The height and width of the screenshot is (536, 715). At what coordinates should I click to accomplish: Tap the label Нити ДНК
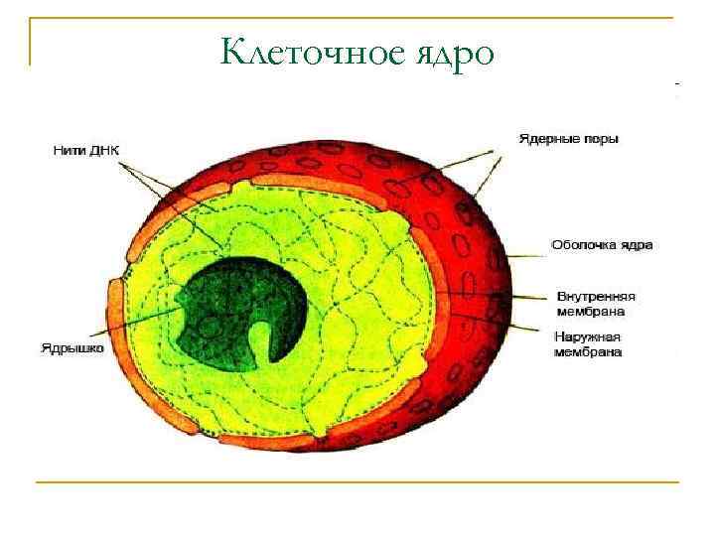85,151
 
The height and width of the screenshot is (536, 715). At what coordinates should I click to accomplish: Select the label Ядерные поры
569,139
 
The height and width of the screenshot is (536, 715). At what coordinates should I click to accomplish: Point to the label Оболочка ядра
602,244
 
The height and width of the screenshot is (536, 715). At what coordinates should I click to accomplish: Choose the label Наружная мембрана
588,344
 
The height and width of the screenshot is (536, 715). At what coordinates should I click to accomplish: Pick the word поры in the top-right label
599,139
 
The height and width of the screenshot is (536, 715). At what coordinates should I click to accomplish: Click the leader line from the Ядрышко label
139,329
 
